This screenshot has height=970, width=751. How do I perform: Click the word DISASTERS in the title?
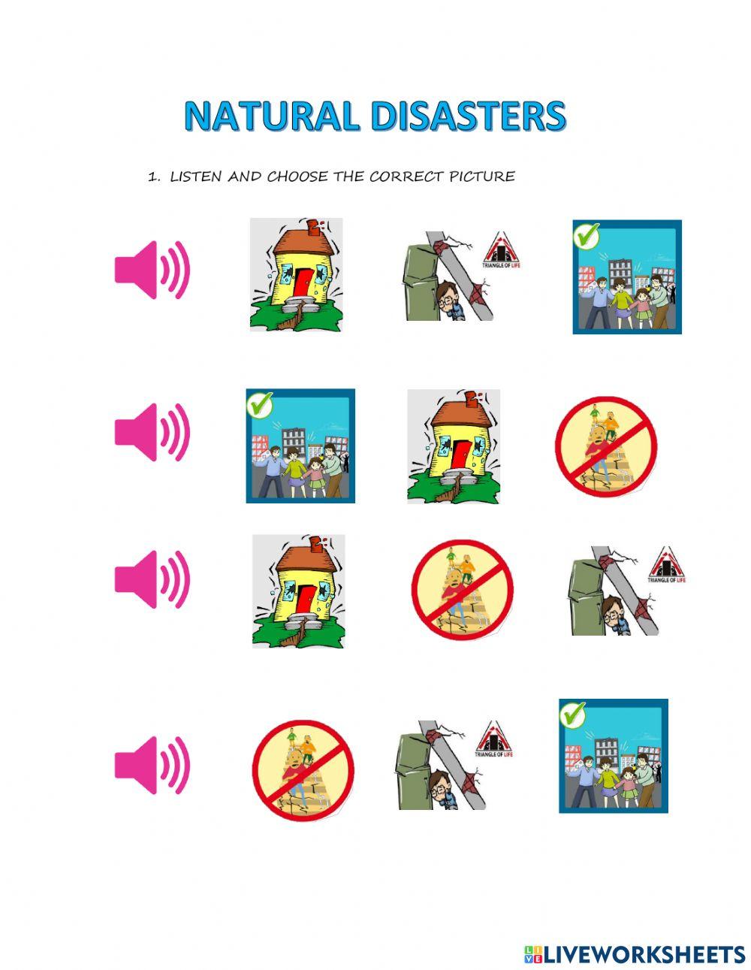pos(467,116)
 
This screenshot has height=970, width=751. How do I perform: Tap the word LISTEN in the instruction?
pos(197,177)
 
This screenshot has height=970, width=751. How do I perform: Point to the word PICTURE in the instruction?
pos(481,177)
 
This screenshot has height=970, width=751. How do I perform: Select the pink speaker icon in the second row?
pos(152,431)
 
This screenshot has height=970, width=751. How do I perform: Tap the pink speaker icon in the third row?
pos(152,579)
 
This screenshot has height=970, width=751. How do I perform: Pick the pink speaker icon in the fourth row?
pos(152,764)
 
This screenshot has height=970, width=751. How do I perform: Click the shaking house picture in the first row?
pos(297,274)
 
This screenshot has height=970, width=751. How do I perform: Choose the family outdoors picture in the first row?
pos(627,276)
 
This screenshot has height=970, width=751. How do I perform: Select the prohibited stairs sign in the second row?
pos(606,446)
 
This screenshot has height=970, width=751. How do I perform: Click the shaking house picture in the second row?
pos(454,446)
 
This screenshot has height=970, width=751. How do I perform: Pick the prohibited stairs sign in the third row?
pos(462,589)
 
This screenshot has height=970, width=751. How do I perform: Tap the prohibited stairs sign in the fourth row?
pos(303,770)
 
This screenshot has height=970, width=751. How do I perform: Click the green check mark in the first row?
pos(587,236)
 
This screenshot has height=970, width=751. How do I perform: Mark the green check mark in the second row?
pos(260,404)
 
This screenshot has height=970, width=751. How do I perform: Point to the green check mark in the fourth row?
pos(573,715)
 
